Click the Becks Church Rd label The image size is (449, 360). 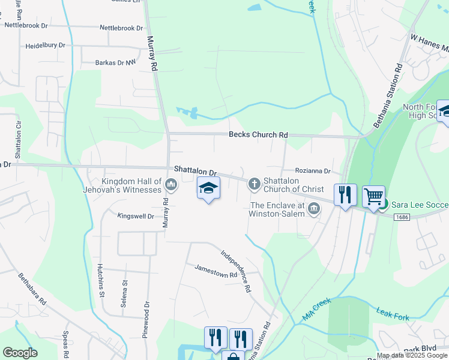pyautogui.click(x=258, y=135)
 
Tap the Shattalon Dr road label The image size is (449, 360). pyautogui.click(x=194, y=171)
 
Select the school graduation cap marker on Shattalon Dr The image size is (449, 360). pyautogui.click(x=209, y=188)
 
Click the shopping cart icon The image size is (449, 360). pyautogui.click(x=373, y=196)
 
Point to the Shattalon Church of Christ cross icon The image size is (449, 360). pyautogui.click(x=255, y=182)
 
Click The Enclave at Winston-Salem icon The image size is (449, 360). pyautogui.click(x=313, y=208)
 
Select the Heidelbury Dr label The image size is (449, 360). pyautogui.click(x=45, y=46)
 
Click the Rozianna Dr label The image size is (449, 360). pyautogui.click(x=312, y=171)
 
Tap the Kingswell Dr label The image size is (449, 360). pyautogui.click(x=136, y=216)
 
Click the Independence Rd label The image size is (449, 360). pyautogui.click(x=235, y=271)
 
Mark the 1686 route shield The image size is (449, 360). pyautogui.click(x=403, y=217)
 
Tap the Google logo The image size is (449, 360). pyautogui.click(x=20, y=353)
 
